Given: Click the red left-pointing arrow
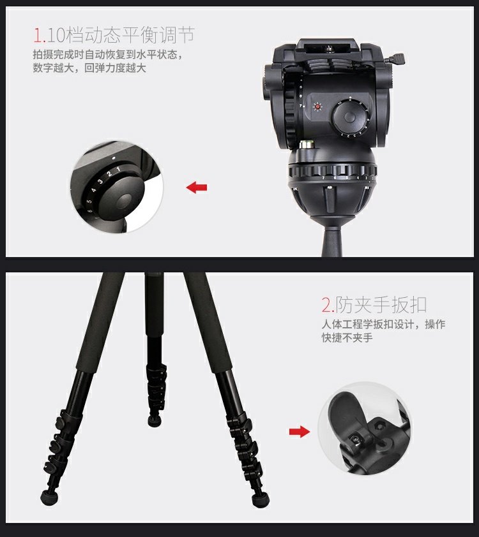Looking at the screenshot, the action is [197, 188].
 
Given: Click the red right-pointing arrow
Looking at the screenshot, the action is [300, 432].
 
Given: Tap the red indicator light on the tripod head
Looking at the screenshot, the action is [318, 107].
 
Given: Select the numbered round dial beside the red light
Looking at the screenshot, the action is [350, 117].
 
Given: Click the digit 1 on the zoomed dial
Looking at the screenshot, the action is [118, 170].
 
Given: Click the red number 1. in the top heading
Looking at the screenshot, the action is [40, 35].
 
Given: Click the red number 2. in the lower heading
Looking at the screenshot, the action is [328, 305].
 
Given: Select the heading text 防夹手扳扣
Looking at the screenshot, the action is [381, 305].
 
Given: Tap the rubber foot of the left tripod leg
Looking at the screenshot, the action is [49, 497].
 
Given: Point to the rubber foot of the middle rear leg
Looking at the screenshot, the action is [155, 420].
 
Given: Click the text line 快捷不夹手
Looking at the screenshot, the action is [347, 337].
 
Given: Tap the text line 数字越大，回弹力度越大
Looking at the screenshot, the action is [89, 68].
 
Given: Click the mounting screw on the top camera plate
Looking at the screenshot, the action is [331, 49].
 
